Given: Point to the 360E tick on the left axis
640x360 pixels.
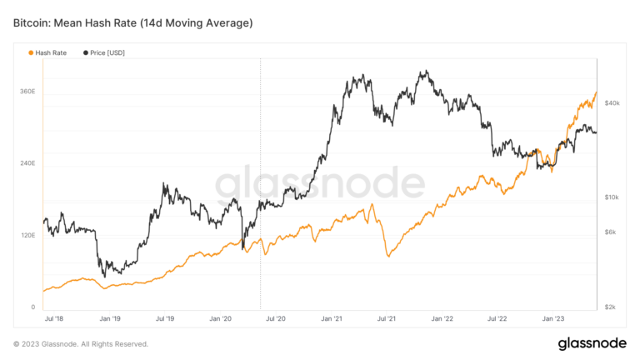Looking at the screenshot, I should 27,91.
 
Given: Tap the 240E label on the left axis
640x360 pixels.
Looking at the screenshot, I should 27,163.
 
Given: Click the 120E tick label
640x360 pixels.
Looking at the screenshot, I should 27,236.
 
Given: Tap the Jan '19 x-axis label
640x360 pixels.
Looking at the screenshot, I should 110,318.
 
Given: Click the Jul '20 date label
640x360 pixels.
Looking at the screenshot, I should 276,318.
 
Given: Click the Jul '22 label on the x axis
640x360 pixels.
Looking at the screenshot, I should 497,318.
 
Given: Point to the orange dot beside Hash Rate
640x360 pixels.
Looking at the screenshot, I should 32,52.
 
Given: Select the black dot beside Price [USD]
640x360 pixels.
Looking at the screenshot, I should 86,52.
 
